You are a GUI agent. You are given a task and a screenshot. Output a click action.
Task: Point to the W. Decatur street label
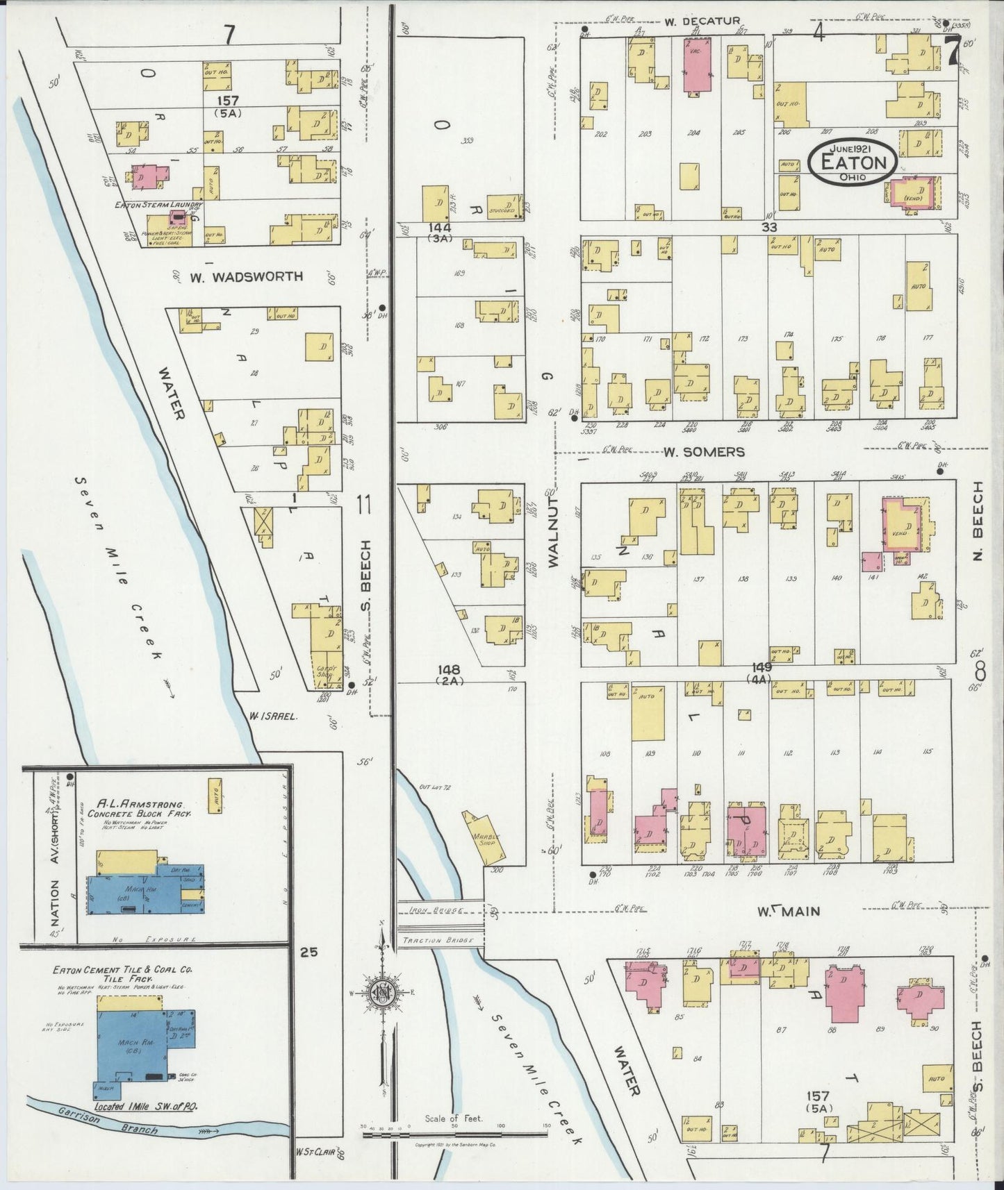693,20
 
